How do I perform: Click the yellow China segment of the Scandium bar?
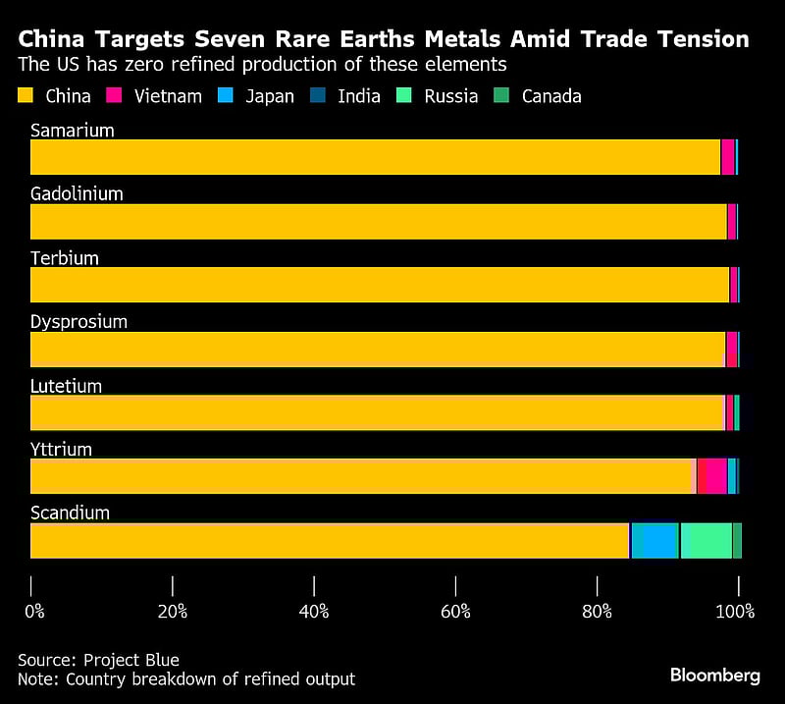coord(329,540)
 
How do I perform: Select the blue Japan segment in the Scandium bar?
coord(654,540)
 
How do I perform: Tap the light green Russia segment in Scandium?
coord(706,540)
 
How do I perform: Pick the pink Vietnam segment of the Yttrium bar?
coord(711,476)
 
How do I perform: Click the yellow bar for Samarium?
coord(373,157)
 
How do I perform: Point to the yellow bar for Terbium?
coord(378,285)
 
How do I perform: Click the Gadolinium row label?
coord(77,193)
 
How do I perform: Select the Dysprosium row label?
coord(78,321)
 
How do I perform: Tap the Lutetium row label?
coord(66,386)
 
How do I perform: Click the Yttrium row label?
coord(61,450)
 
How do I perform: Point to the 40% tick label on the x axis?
coord(314,612)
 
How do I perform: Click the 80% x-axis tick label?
coord(597,612)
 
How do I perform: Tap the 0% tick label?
coord(34,612)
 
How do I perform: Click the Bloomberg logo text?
coord(715,676)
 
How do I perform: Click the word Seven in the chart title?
coord(234,40)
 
